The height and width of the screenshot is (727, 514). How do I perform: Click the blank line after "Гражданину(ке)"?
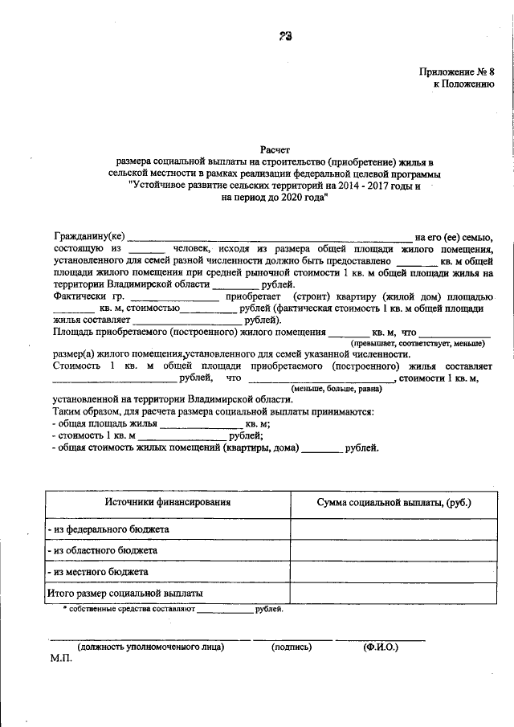(x=270, y=238)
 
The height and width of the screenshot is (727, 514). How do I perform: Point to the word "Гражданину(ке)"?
(x=89, y=237)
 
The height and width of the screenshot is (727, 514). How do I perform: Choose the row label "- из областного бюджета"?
(x=101, y=551)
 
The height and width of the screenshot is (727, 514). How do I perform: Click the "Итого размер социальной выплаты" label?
(x=125, y=594)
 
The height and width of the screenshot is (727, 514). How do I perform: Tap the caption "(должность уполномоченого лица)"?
(x=150, y=646)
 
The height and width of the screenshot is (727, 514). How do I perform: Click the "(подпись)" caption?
(x=292, y=646)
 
